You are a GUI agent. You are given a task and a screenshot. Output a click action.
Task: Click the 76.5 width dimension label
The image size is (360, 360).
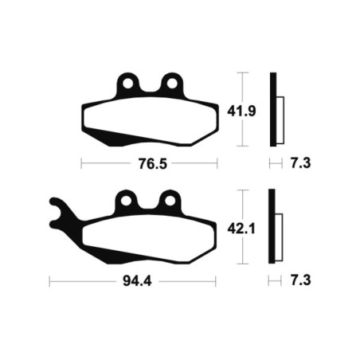coord(153,164)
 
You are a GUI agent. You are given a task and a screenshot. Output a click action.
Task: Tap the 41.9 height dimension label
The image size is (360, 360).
coord(241,112)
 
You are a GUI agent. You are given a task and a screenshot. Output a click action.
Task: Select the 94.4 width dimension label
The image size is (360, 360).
coord(137,281)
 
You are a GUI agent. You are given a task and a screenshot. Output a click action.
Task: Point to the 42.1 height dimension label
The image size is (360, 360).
coord(241,229)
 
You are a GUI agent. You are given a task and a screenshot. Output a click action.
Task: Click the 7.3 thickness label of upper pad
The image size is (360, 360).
coord(300,163)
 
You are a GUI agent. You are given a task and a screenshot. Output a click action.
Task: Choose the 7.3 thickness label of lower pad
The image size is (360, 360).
coord(300,280)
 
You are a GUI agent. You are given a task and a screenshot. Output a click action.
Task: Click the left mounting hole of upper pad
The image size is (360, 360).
coord(127,84)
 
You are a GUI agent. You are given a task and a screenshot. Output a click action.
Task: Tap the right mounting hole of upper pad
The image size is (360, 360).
coord(172,84)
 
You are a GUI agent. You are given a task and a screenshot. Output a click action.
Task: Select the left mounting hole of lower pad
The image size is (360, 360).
coord(126,201)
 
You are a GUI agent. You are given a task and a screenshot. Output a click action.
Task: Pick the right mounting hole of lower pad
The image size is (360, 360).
coord(170,201)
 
